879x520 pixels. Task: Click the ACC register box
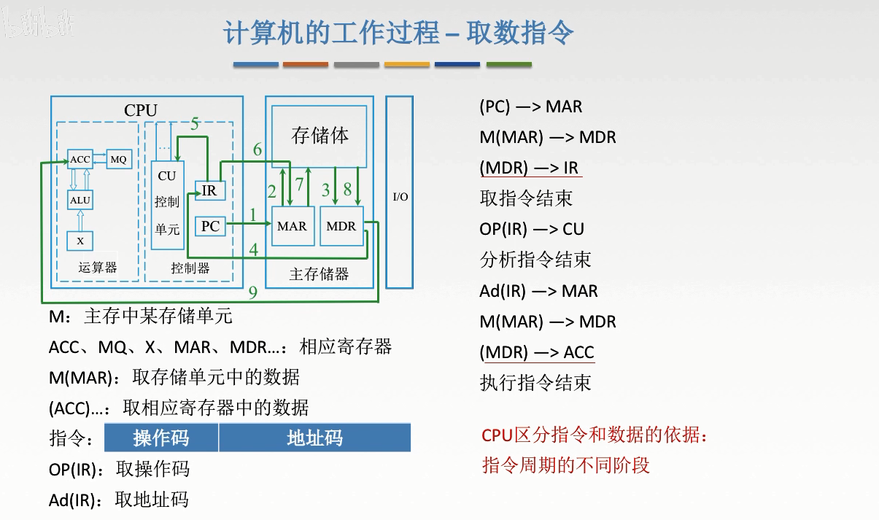(x=80, y=159)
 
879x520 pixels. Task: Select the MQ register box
(x=118, y=159)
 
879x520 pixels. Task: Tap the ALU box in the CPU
(x=80, y=199)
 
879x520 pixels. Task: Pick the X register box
(x=80, y=240)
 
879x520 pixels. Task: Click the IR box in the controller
(x=209, y=191)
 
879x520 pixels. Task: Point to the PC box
(x=210, y=226)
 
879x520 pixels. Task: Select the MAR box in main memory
(x=292, y=226)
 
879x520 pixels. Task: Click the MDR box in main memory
(x=341, y=226)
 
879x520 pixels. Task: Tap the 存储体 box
(x=320, y=136)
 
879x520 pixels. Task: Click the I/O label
(x=400, y=197)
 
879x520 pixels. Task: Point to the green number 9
(x=252, y=293)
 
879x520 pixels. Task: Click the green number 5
(x=195, y=124)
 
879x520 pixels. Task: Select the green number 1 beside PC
(x=253, y=215)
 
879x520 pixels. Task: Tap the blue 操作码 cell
(x=161, y=438)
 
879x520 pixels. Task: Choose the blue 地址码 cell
(x=314, y=438)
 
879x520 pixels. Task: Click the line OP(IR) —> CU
(x=532, y=229)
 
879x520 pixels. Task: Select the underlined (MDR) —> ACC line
(x=537, y=352)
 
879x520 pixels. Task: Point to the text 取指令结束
(x=526, y=198)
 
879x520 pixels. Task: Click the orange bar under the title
(x=306, y=65)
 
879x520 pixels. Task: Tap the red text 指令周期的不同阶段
(x=565, y=465)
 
